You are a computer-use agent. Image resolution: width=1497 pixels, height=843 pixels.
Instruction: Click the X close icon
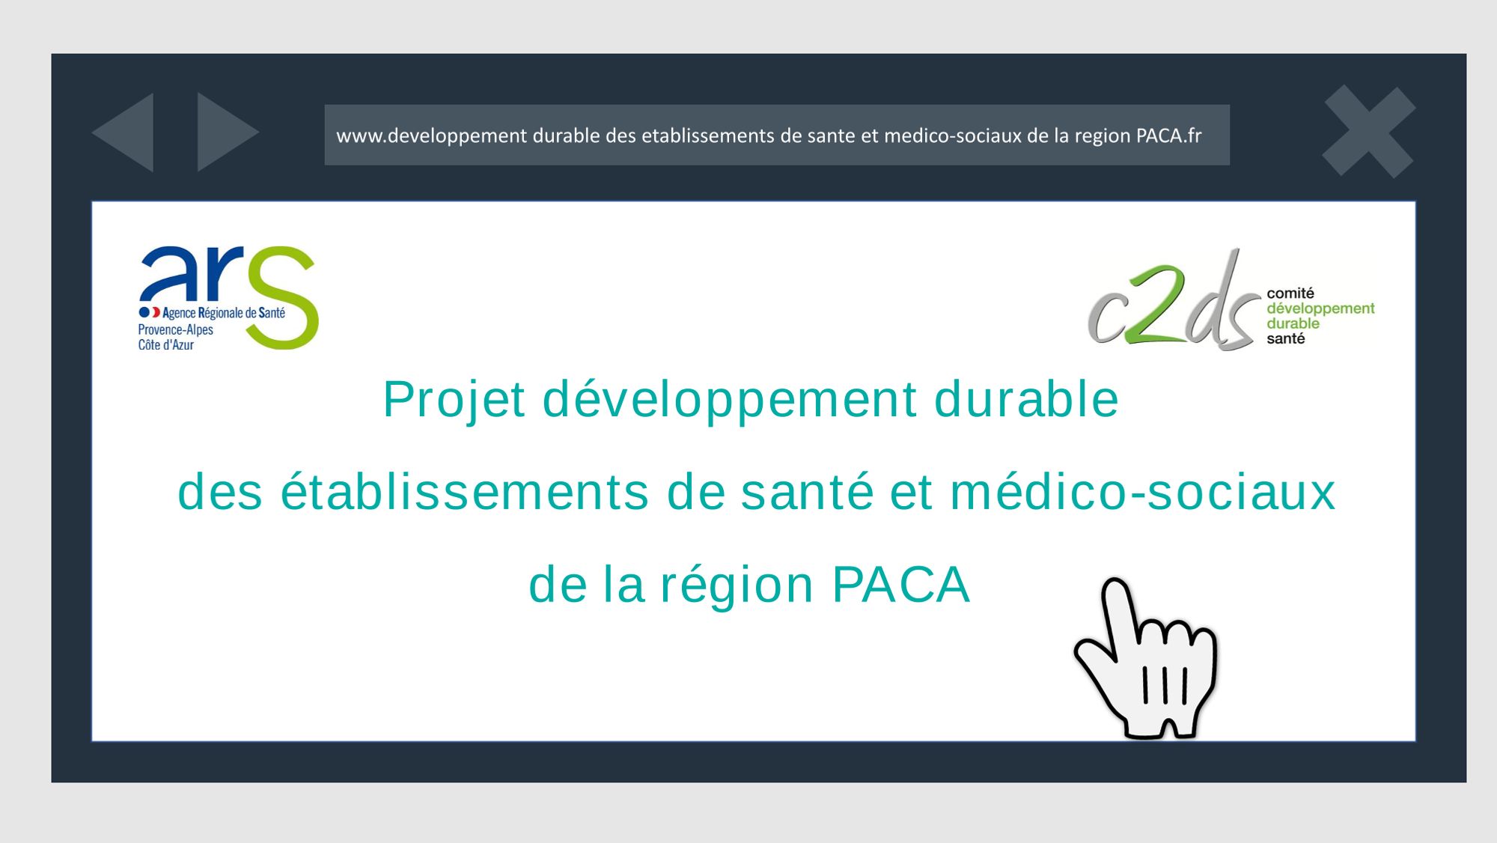[x=1369, y=132]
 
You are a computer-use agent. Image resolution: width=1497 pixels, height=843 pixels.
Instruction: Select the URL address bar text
[x=769, y=136]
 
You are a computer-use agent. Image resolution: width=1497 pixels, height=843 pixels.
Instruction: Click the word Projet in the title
[x=454, y=401]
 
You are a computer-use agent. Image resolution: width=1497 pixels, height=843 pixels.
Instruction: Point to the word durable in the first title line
[x=1026, y=399]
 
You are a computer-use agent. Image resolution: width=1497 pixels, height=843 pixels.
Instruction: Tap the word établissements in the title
[x=464, y=492]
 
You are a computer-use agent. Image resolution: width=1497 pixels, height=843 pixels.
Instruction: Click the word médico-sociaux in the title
[x=1142, y=492]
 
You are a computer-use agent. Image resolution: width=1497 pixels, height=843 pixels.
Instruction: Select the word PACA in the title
[x=901, y=584]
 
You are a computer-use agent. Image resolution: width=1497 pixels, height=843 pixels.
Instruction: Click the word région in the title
[x=737, y=586]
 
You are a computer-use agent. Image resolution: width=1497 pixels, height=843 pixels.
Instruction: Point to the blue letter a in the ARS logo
[x=169, y=274]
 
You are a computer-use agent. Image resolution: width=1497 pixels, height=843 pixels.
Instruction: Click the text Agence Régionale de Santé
[x=223, y=313]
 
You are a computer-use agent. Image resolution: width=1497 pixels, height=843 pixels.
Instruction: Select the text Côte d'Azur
[x=165, y=344]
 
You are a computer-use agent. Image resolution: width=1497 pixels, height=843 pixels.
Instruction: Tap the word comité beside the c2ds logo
[x=1290, y=293]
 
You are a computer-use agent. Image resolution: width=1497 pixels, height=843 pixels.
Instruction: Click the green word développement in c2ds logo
[x=1320, y=308]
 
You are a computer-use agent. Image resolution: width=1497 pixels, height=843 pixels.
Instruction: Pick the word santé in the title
[x=807, y=492]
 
